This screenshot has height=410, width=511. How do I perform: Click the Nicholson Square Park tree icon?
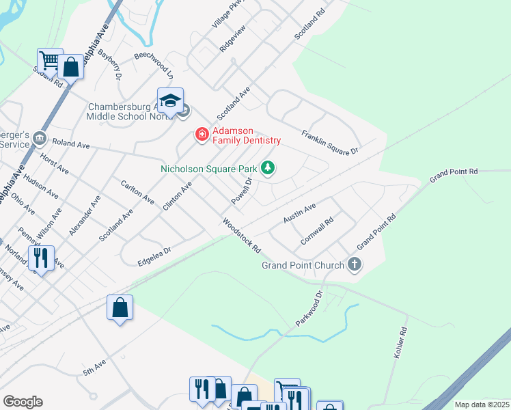click(268, 167)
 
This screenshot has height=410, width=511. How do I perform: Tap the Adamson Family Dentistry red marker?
click(202, 135)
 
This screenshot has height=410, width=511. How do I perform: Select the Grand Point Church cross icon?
click(354, 264)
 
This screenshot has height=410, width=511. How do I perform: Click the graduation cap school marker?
click(170, 101)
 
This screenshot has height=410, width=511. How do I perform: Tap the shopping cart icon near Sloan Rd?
click(50, 60)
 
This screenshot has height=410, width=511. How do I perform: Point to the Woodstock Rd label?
click(241, 236)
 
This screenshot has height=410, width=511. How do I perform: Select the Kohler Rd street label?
click(400, 343)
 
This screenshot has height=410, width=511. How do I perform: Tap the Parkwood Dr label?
click(308, 310)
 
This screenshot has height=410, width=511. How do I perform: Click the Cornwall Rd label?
click(316, 232)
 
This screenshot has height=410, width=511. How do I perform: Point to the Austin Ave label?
click(299, 213)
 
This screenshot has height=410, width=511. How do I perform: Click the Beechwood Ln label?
click(154, 62)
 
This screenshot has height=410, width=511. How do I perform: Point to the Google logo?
click(23, 402)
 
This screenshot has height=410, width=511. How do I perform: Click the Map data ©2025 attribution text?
click(481, 405)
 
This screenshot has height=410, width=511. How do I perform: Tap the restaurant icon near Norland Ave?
click(42, 258)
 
